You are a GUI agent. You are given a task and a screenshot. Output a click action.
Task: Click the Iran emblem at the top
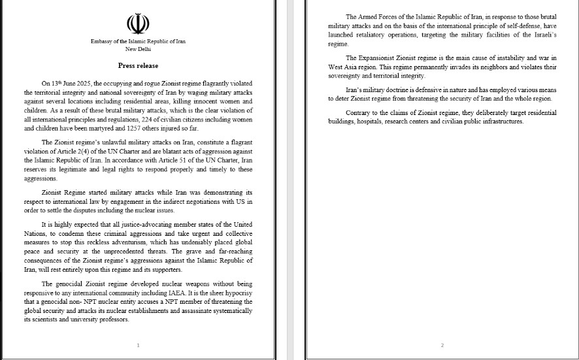pos(138,24)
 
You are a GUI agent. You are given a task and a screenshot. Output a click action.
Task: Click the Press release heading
pos(138,66)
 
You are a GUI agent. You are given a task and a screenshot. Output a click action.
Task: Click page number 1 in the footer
pos(138,345)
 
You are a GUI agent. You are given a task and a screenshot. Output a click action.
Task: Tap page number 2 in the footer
pos(442,345)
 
